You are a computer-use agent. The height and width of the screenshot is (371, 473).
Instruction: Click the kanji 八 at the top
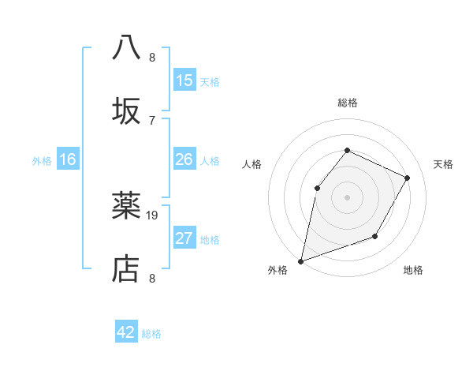(x=126, y=47)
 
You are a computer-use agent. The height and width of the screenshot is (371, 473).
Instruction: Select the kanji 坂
(x=126, y=110)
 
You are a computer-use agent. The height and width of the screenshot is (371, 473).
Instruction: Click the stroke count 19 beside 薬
(x=153, y=215)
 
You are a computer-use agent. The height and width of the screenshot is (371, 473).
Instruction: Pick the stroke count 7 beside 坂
(x=152, y=120)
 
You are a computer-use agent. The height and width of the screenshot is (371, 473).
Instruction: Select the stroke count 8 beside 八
(x=152, y=57)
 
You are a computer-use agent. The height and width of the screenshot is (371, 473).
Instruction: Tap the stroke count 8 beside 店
(x=152, y=278)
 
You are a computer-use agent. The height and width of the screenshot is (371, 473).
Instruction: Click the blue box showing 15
(x=184, y=81)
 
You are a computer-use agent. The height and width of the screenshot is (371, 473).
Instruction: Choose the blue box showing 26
(x=184, y=159)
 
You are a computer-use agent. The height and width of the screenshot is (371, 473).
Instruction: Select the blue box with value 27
(x=184, y=238)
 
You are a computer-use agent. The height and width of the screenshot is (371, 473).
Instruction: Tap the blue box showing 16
(x=68, y=159)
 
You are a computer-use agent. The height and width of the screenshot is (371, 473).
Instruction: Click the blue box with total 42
(x=126, y=332)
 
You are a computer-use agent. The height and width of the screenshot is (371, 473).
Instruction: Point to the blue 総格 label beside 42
(x=151, y=334)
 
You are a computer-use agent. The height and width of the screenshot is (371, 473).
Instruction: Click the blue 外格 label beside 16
(x=42, y=161)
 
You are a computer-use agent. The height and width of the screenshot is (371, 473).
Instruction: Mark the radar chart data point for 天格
(x=408, y=178)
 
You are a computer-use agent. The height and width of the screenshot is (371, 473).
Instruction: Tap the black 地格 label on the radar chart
(x=413, y=271)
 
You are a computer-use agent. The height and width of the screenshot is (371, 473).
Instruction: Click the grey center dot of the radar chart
(x=347, y=197)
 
